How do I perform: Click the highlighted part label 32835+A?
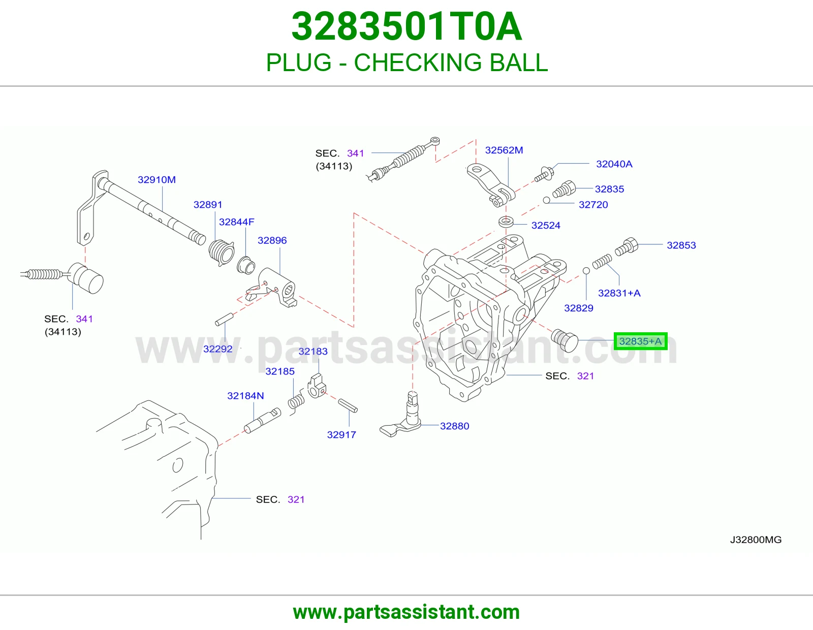(x=640, y=341)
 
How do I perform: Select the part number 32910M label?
(x=157, y=179)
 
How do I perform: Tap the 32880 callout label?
(x=454, y=426)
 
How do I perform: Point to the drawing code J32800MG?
(x=756, y=540)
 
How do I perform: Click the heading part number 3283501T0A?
(x=407, y=26)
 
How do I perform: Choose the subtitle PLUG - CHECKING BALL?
(x=407, y=62)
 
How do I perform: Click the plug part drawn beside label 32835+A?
(x=565, y=340)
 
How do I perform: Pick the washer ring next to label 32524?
(x=506, y=222)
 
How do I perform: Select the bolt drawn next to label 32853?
(x=627, y=246)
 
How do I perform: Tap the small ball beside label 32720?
(x=546, y=200)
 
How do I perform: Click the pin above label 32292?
(x=225, y=320)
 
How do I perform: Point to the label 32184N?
(x=245, y=395)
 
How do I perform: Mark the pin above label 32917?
(x=348, y=405)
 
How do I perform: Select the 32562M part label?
(x=504, y=150)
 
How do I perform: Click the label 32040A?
(x=614, y=164)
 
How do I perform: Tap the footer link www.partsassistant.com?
(x=407, y=612)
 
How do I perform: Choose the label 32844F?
(x=236, y=222)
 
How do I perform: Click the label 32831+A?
(x=619, y=293)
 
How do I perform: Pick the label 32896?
(x=272, y=240)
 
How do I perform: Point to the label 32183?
(x=313, y=351)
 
